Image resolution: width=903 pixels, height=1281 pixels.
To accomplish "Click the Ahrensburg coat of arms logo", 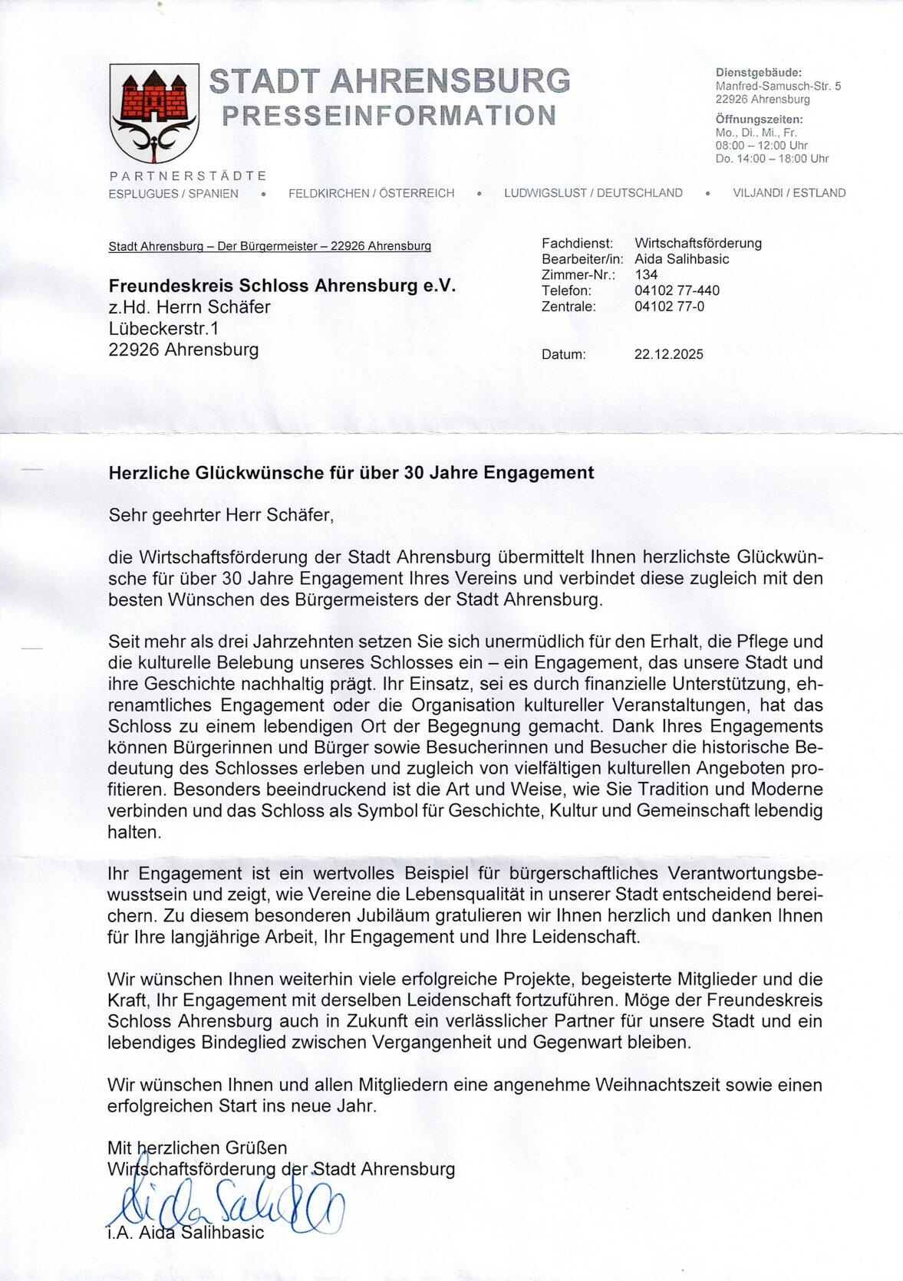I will [154, 112].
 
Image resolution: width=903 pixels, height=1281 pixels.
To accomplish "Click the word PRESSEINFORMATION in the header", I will [389, 115].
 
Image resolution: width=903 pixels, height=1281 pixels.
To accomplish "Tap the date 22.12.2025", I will [668, 354].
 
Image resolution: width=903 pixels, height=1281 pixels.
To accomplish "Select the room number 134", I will [646, 274].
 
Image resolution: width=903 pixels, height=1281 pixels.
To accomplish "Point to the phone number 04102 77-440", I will [677, 291].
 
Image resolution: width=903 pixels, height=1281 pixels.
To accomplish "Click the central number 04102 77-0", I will [669, 307].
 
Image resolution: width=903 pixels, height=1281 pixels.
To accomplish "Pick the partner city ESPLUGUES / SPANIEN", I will [173, 193].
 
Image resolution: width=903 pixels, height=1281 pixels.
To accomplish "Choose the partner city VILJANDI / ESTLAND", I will [789, 193].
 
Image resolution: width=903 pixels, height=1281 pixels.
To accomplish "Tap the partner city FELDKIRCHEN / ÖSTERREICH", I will [371, 193].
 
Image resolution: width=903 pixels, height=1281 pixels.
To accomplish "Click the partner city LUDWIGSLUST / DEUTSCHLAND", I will [593, 193].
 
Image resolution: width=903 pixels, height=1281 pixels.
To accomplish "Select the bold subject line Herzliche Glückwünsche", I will [351, 473].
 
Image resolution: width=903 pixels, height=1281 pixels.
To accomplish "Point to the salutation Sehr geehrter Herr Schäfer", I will [221, 514].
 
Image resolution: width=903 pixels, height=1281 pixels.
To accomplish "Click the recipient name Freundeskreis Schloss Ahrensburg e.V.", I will [282, 286].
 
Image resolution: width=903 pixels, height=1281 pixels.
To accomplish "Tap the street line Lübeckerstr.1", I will [163, 329].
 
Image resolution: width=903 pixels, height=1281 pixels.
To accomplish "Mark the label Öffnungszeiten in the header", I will [759, 120].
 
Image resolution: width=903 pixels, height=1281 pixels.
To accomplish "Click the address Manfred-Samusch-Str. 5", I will [778, 86].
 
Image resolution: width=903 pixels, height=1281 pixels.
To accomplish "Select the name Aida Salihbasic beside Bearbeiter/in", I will [681, 259].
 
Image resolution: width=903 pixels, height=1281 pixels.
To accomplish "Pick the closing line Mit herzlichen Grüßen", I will [197, 1148].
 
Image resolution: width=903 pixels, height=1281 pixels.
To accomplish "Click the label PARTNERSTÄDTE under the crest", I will [188, 176].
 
